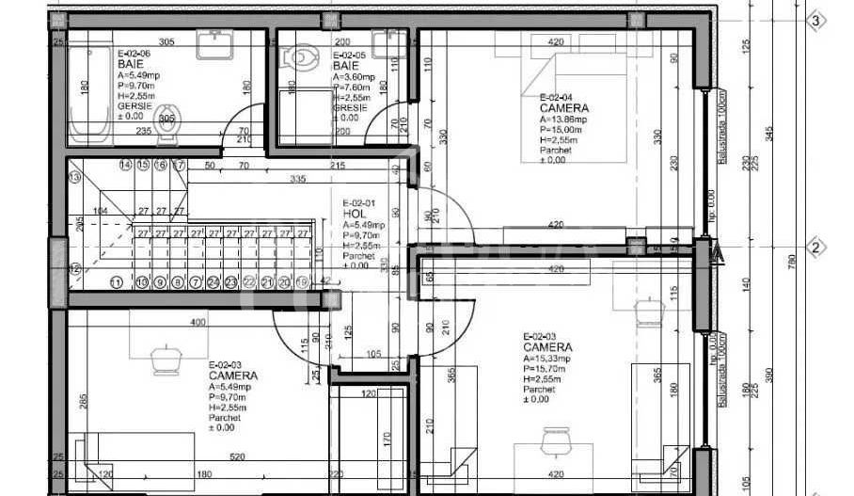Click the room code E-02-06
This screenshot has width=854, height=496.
pos(133,56)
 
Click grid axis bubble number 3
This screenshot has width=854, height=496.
pos(815,21)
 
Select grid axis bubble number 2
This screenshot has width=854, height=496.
pos(816,248)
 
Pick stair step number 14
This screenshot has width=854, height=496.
pos(125,165)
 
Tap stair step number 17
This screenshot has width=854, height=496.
pos(178,165)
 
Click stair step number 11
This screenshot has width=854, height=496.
pos(117,281)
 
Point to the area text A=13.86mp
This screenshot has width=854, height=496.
pos(564,120)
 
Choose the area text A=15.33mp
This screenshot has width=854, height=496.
pos(547,358)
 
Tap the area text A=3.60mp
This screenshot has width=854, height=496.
pos(355,77)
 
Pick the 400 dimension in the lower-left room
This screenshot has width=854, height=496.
pos(197,323)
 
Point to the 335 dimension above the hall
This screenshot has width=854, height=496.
pos(298,178)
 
